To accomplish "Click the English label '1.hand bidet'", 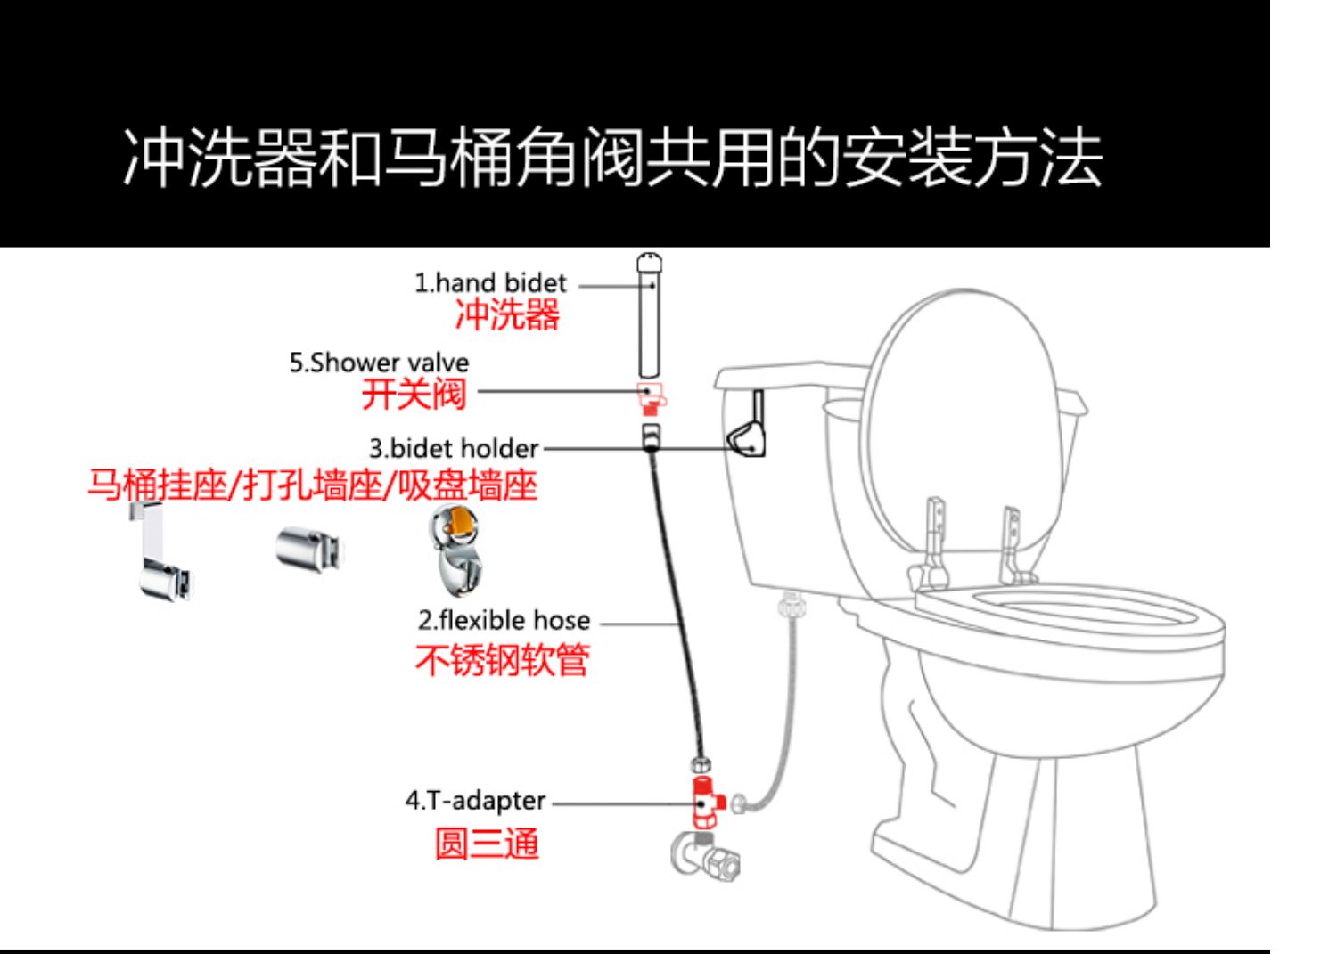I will [x=489, y=283].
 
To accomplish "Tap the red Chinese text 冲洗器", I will [x=507, y=314].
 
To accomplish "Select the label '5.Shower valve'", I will [x=379, y=363].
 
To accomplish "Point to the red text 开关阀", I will [x=414, y=394].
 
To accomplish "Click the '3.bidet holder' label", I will [x=454, y=448].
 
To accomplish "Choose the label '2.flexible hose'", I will [x=504, y=620].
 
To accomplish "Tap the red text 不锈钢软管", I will [x=502, y=660].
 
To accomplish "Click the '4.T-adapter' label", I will [x=475, y=801].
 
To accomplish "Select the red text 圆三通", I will [x=487, y=843].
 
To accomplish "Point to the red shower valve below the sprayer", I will [x=652, y=397].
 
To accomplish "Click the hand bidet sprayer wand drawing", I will [x=651, y=316].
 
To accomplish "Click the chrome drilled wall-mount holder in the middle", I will [x=308, y=547].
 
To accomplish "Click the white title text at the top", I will [x=612, y=160].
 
